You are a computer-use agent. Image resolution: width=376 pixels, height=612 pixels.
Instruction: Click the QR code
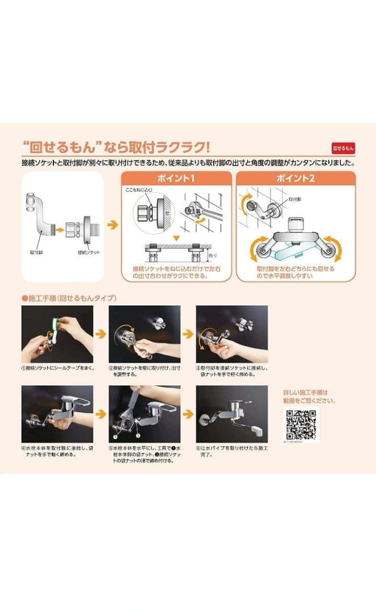(x=301, y=423)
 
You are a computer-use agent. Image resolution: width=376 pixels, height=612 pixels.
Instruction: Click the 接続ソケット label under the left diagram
(x=88, y=252)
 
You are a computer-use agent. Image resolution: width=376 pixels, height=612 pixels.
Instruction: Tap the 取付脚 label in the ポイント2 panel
(x=295, y=199)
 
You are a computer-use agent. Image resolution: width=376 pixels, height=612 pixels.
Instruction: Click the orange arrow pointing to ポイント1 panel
(x=113, y=225)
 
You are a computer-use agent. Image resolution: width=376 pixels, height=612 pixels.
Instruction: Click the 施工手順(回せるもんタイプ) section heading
(x=69, y=297)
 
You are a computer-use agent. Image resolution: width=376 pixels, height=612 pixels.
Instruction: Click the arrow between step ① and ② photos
(x=100, y=334)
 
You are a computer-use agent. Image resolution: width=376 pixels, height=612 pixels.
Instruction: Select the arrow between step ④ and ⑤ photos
(x=100, y=414)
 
